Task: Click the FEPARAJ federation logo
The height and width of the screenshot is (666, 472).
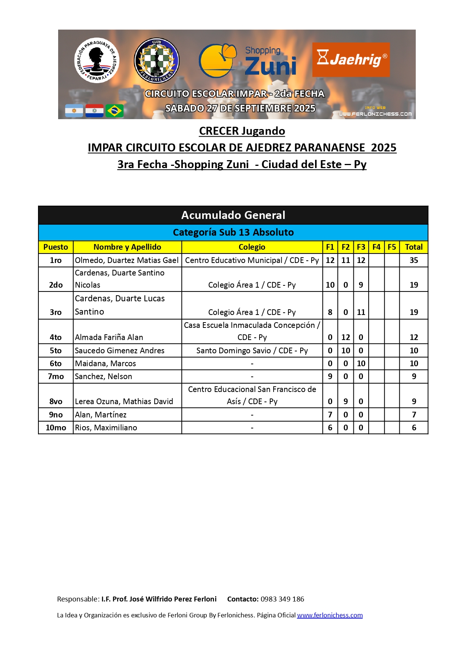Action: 97,60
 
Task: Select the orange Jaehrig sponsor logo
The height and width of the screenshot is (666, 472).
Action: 351,60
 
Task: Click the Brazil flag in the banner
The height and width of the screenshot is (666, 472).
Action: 114,111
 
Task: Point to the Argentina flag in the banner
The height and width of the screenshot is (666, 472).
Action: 74,111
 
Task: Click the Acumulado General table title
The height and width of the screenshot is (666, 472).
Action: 233,215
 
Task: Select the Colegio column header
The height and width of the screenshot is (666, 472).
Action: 252,247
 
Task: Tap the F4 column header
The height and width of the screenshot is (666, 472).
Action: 376,247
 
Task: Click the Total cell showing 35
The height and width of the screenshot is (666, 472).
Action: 413,260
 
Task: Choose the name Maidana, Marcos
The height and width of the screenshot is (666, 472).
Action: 106,364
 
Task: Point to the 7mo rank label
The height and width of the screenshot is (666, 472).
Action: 55,376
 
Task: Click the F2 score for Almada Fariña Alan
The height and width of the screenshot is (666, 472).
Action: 345,337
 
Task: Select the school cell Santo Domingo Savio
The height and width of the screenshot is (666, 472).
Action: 252,351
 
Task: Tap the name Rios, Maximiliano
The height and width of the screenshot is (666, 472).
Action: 106,428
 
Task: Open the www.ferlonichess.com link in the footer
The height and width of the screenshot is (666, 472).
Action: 329,615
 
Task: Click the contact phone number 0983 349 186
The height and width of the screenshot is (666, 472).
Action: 282,599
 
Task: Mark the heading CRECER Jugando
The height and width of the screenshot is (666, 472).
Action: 242,131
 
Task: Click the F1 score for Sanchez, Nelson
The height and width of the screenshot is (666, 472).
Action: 330,376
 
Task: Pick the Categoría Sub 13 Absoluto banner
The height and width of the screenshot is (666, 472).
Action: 233,232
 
